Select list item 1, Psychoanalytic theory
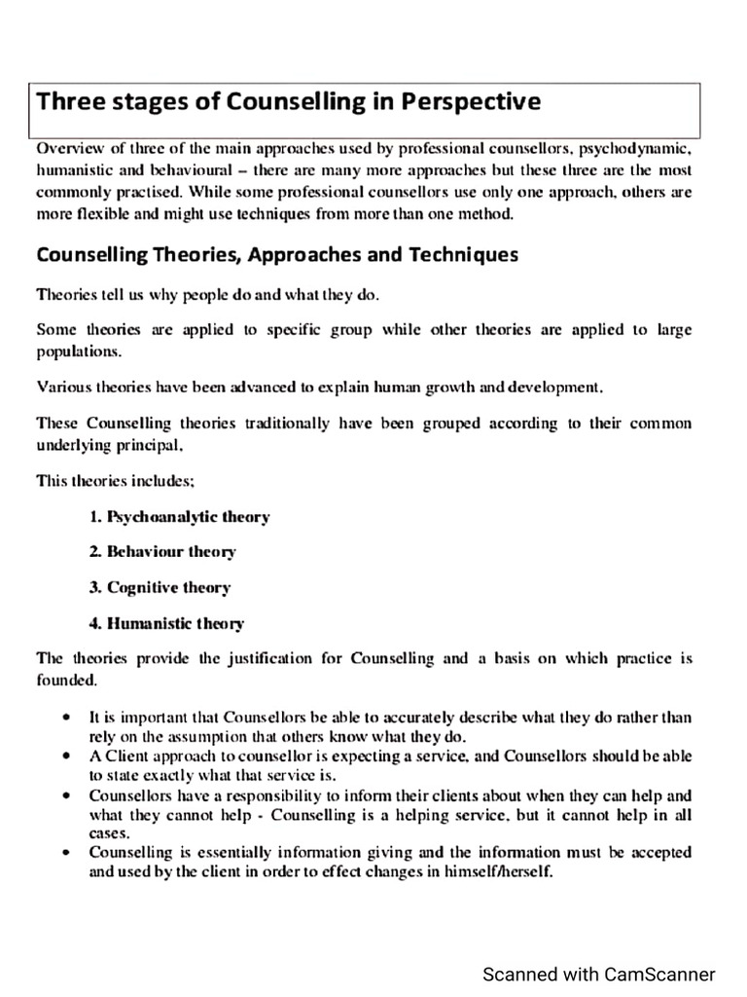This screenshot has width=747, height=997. [x=179, y=517]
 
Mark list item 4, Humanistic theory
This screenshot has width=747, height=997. [x=166, y=623]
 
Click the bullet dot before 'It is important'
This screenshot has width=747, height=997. [x=64, y=718]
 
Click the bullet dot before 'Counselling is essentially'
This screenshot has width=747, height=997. [x=64, y=853]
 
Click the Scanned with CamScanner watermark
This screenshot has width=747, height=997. [x=600, y=974]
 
